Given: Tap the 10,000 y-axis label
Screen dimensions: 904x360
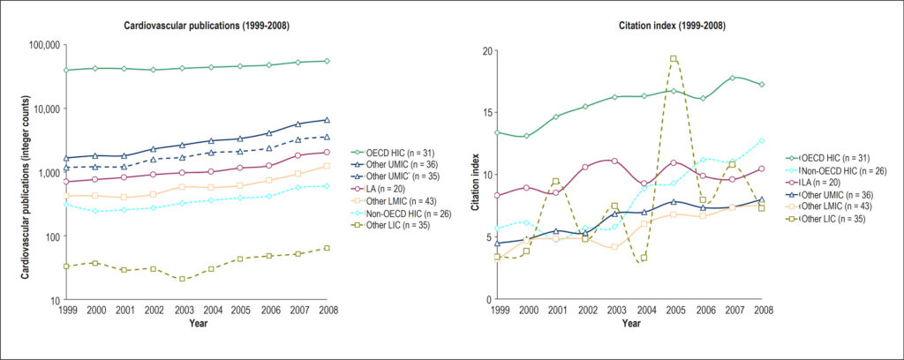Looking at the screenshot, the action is click(x=48, y=109).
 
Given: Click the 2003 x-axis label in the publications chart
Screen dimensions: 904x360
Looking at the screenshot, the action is click(x=182, y=310).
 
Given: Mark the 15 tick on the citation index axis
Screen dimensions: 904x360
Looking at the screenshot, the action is click(x=486, y=112).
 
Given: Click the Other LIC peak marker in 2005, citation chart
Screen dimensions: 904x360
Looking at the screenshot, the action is click(x=674, y=59).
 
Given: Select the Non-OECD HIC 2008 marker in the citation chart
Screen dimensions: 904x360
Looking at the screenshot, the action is click(x=762, y=140).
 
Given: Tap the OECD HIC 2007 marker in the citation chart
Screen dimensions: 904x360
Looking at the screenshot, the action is click(x=732, y=78).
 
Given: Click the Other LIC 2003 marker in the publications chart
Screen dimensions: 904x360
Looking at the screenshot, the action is click(x=182, y=279).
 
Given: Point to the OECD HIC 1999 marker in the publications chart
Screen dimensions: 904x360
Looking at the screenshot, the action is click(x=67, y=71).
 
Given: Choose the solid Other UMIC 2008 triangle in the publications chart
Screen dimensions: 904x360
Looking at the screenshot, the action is click(x=327, y=120).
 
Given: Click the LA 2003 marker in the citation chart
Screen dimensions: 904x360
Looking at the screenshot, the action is click(x=614, y=161).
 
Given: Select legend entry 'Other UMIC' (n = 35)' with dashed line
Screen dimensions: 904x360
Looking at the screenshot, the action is click(x=400, y=176).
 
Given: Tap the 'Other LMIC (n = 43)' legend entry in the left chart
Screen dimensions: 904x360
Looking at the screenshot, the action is click(x=400, y=201).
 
